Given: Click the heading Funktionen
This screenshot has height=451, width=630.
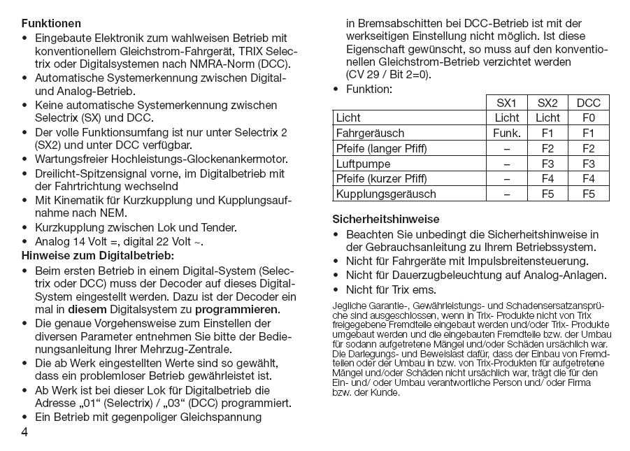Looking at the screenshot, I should tap(50, 24).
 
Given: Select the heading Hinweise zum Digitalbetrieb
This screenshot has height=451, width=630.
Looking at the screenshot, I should tap(98, 256).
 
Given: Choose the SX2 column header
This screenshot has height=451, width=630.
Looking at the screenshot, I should tap(547, 103).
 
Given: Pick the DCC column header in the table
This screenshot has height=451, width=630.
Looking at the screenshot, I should tap(588, 103).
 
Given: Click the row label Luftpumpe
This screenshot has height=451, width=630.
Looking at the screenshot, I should tap(363, 163).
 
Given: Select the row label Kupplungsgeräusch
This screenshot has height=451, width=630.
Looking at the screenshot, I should tap(386, 194).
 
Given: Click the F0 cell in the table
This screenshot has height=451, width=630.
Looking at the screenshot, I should tap(588, 117).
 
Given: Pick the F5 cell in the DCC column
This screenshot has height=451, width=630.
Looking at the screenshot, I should tap(588, 194).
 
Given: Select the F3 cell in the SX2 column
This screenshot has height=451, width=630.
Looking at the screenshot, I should tap(547, 163).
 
